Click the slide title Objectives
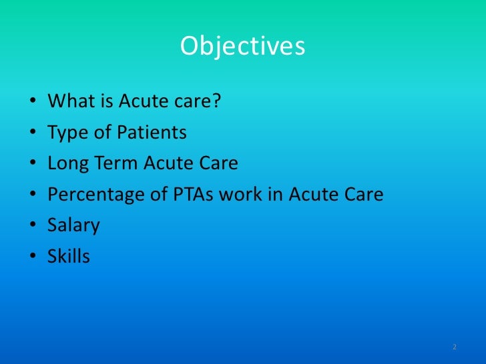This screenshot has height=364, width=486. (x=242, y=47)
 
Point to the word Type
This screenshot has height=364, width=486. (x=65, y=133)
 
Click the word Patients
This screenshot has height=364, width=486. (x=152, y=133)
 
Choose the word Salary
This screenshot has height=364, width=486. (x=73, y=225)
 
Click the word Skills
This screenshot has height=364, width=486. (x=68, y=256)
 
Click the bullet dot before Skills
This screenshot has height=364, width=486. (x=33, y=257)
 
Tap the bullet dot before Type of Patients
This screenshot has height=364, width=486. (x=33, y=134)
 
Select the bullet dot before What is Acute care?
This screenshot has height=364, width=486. (x=33, y=103)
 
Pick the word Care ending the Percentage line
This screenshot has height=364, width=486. (x=364, y=195)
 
